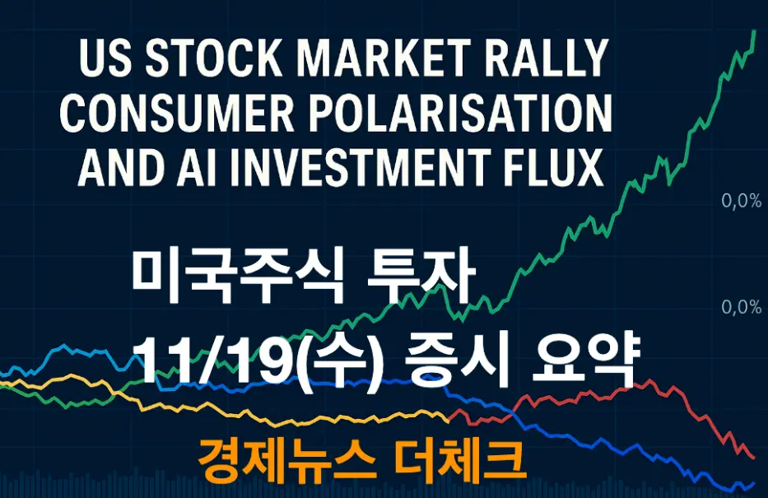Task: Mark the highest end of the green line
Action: (x=755, y=31)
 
